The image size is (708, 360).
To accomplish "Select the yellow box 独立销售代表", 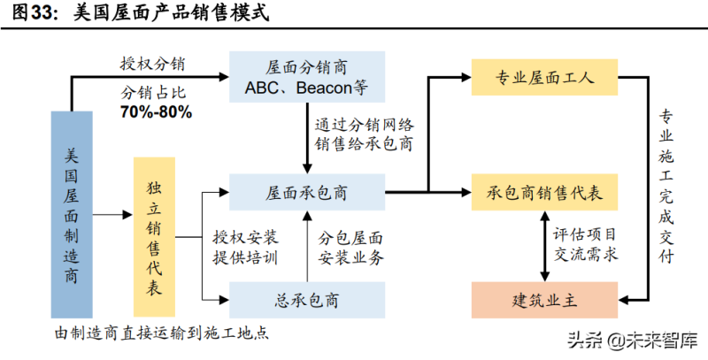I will click(x=154, y=236).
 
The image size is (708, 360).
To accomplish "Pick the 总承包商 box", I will click(x=305, y=300).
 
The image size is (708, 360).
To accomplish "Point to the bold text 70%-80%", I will click(x=156, y=113).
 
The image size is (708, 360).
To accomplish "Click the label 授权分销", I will click(x=157, y=64).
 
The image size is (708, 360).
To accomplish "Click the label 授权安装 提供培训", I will click(x=245, y=248).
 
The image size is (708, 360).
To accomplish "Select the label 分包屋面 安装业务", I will click(x=350, y=248).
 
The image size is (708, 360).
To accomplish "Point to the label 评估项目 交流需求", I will click(x=585, y=245).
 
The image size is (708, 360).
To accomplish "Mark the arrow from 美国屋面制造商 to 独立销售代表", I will click(x=113, y=213).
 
